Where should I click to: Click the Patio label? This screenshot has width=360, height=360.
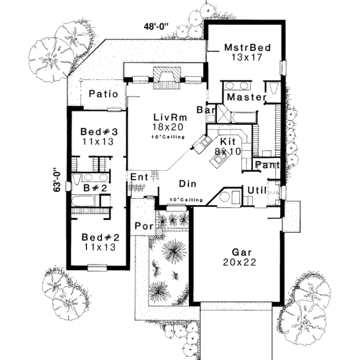[103, 94]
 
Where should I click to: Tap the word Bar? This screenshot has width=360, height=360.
[210, 111]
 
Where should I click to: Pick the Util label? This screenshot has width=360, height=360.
[256, 190]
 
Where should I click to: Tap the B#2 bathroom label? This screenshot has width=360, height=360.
[95, 188]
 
